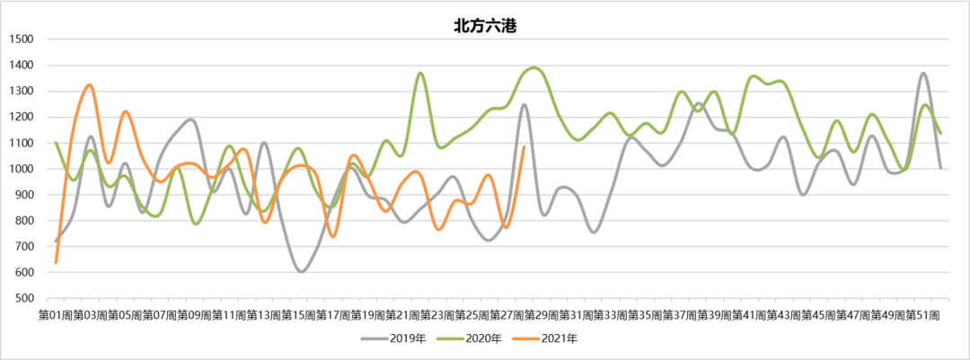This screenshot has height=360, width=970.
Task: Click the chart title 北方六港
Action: coord(484,25)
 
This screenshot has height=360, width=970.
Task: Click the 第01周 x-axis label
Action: coord(55,315)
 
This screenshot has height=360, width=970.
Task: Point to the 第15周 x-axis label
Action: coord(298,315)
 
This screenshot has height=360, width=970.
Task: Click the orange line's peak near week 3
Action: coord(90,84)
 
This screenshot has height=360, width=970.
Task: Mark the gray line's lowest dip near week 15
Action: coord(301,271)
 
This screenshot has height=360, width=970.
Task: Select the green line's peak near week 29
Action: coord(534,67)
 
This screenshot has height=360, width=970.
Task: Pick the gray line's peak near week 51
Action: coord(923,74)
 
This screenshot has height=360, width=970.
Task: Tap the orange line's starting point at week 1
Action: coord(56,262)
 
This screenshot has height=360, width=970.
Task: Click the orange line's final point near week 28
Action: coord(524,147)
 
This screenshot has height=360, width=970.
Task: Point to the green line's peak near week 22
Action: coord(420,73)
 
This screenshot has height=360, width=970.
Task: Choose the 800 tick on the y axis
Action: coord(22,221)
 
